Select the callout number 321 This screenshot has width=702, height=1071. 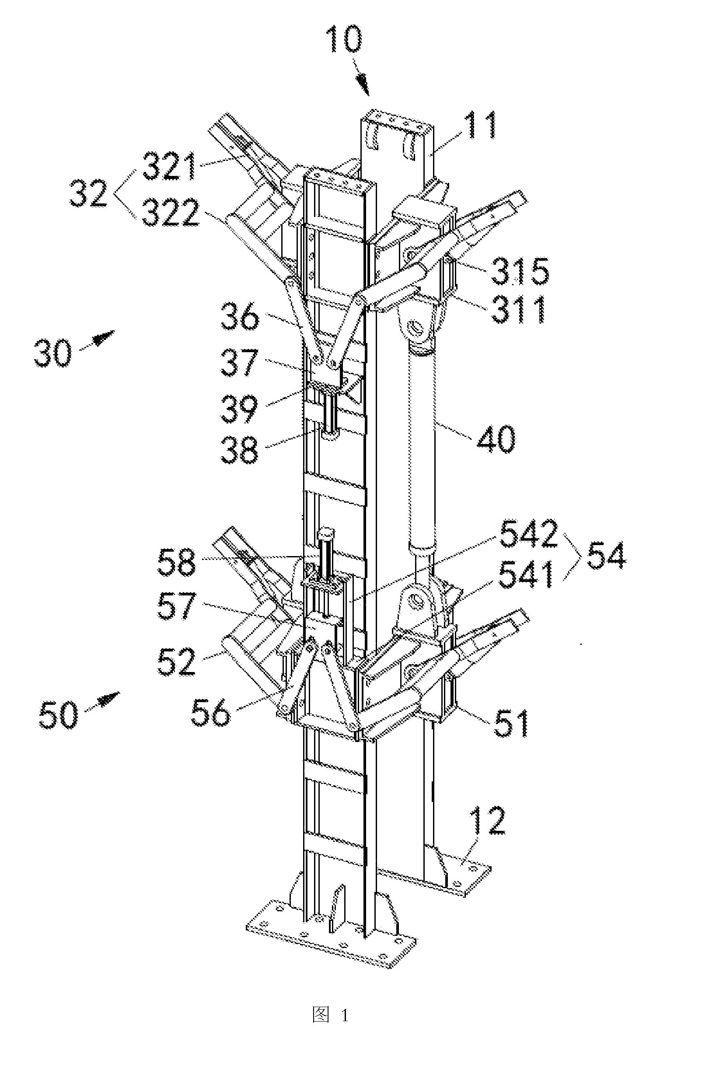point(169,166)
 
